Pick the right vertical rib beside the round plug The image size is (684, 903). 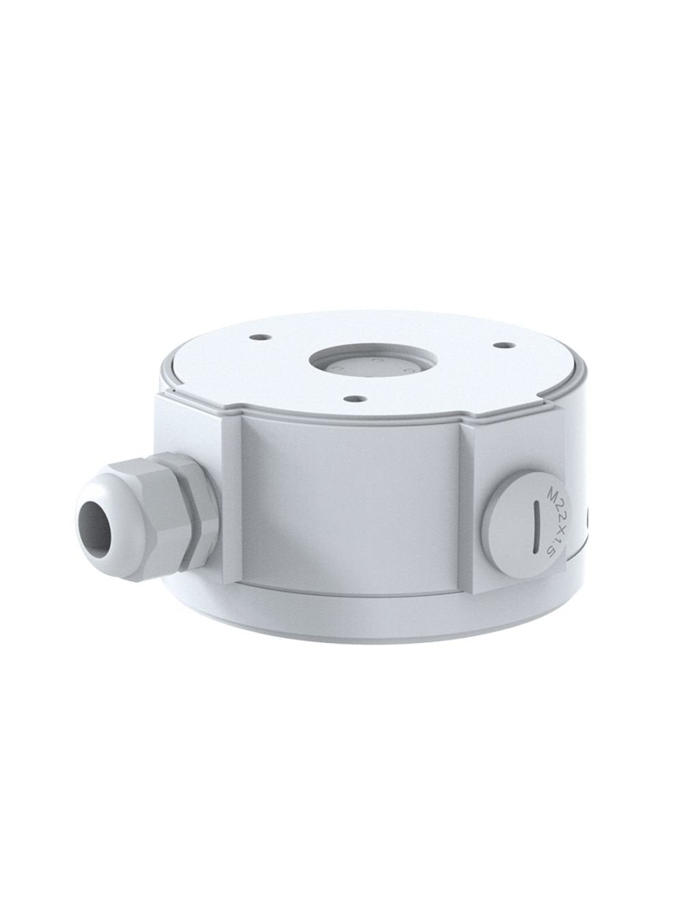[x=472, y=506]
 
